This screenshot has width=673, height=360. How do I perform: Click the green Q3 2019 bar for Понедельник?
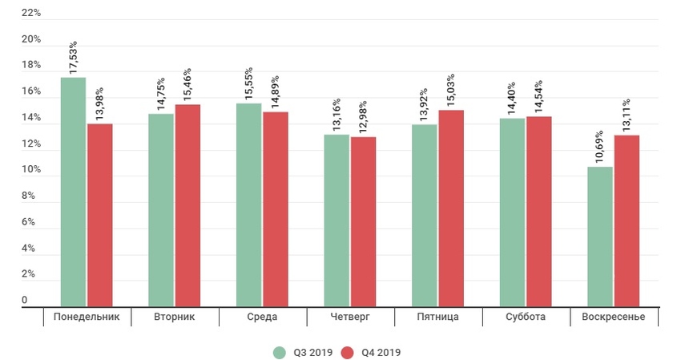[73, 192]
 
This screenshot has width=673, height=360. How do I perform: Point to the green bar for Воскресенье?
[599, 237]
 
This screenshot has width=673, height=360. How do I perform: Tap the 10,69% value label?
[599, 147]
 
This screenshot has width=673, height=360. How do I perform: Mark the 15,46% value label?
[187, 84]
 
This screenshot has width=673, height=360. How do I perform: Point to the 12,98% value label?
[363, 117]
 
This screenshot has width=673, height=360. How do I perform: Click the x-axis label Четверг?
[350, 317]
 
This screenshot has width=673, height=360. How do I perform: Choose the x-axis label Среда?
[263, 317]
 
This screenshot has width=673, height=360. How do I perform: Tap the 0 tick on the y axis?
[25, 301]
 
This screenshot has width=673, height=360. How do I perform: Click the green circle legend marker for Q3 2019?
[280, 352]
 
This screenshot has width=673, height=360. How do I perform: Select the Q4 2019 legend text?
[381, 352]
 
